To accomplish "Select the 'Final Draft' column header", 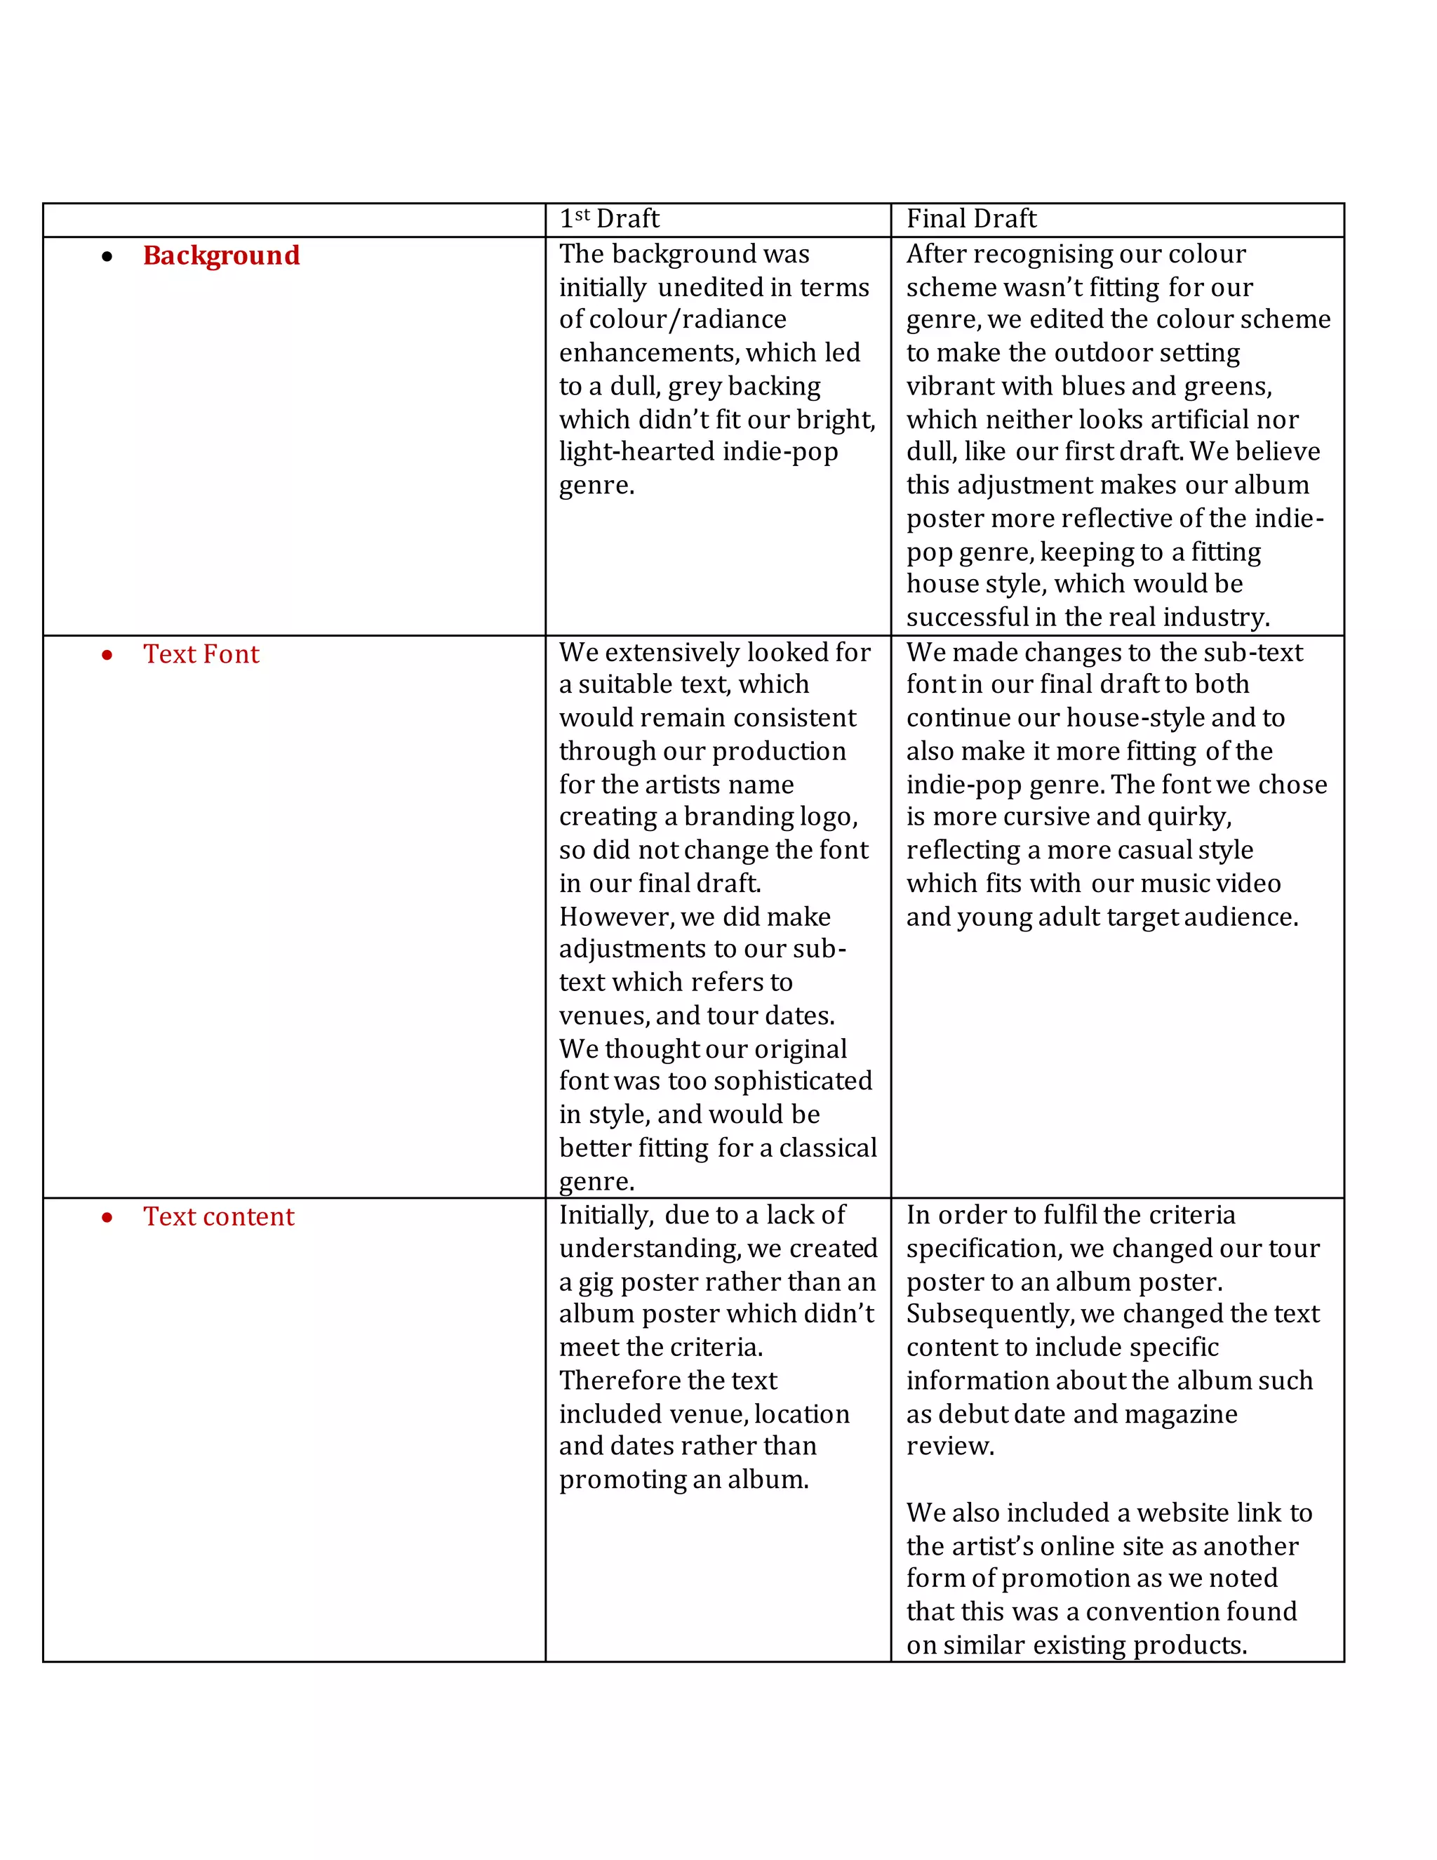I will (x=971, y=219).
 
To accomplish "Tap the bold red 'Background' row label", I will (x=221, y=255).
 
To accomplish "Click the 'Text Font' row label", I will (x=201, y=654).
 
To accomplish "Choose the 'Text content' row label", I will (x=219, y=1217).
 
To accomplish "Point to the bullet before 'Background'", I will (x=107, y=256).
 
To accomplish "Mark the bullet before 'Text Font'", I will (x=107, y=655).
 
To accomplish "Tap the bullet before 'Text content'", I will (x=107, y=1218).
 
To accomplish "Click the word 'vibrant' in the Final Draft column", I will (x=950, y=386).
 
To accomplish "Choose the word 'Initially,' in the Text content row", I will (x=606, y=1215).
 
